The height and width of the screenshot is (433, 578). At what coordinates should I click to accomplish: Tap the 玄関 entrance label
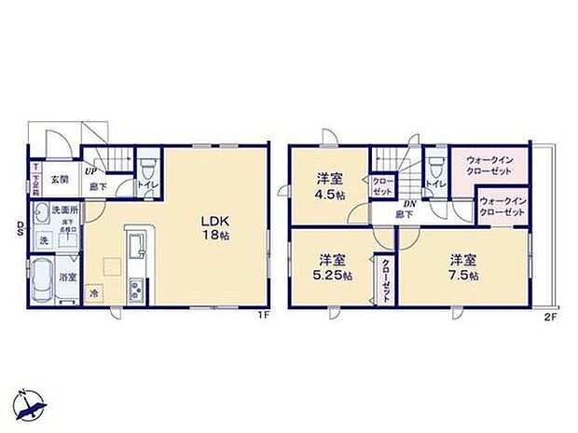tap(59, 180)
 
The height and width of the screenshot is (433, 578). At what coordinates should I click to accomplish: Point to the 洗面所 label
tap(62, 210)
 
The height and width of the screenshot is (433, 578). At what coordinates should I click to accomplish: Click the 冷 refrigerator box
tap(94, 293)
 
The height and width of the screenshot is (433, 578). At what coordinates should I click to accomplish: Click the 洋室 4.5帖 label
tap(329, 187)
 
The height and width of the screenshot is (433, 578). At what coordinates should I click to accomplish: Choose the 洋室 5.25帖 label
tap(331, 268)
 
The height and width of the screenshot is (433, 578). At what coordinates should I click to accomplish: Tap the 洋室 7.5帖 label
tap(462, 267)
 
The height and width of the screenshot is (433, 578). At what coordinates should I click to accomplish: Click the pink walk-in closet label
tap(489, 170)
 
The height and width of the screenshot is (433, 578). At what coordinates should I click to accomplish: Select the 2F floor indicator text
tap(550, 317)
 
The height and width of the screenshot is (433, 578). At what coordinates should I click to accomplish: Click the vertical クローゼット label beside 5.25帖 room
tap(385, 277)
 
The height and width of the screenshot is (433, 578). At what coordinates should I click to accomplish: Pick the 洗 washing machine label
tap(43, 241)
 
